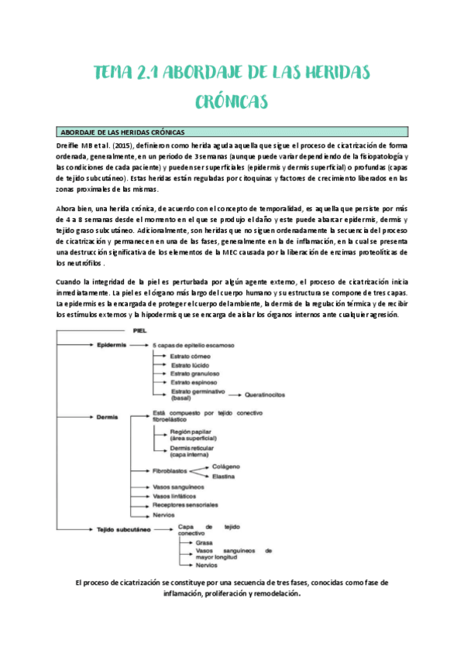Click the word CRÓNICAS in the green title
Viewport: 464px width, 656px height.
[232, 101]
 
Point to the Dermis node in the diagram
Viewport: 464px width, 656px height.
[108, 417]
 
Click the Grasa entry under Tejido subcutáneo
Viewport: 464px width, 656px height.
[205, 542]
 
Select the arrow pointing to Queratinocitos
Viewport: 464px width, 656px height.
[235, 395]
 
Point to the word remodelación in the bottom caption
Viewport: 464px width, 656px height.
[270, 595]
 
